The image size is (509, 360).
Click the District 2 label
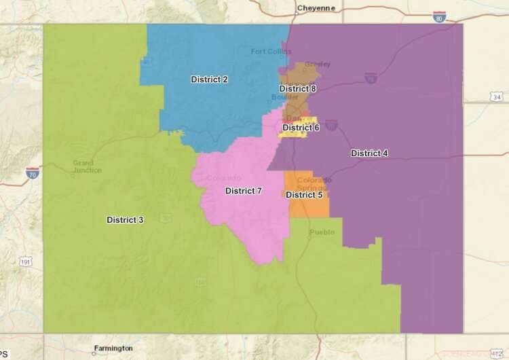click(209, 79)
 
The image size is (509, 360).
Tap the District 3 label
click(125, 219)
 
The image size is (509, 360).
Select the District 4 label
click(369, 154)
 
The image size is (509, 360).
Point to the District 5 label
click(304, 195)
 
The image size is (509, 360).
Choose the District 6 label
click(301, 128)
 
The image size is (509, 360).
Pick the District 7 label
click(244, 191)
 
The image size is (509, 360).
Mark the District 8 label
click(297, 89)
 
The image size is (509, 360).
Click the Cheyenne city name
click(317, 9)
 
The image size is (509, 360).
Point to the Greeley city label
click(318, 65)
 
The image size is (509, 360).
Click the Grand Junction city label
click(83, 167)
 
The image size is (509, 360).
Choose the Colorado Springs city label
click(314, 183)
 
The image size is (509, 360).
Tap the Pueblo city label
click(322, 232)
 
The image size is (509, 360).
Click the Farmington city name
click(113, 348)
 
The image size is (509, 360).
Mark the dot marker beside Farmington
click(94, 352)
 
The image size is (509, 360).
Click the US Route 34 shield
click(496, 98)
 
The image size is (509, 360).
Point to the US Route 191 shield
click(26, 262)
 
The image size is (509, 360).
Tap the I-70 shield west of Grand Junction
click(32, 173)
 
